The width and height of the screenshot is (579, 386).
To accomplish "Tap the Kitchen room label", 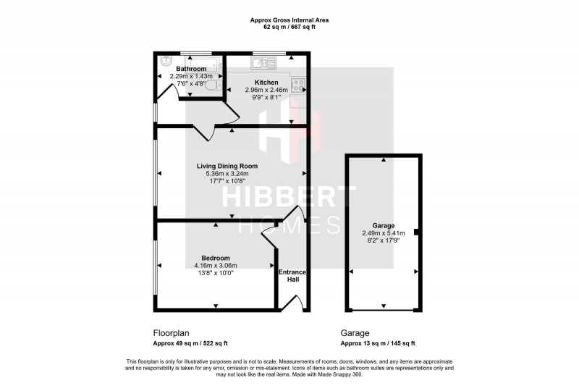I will (266, 83).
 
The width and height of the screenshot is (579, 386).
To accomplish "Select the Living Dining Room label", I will (227, 166).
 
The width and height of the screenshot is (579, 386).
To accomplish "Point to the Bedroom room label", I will (216, 258).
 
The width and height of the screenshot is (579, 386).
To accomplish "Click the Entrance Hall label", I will (292, 276).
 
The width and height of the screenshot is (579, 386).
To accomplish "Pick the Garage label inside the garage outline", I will (384, 226).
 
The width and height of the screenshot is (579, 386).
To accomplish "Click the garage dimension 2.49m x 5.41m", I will (384, 233).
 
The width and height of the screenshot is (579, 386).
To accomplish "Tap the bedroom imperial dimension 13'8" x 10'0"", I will (216, 272).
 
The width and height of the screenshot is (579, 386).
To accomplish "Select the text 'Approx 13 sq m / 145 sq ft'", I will (378, 343).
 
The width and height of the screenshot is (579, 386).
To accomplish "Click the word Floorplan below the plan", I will (172, 334).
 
